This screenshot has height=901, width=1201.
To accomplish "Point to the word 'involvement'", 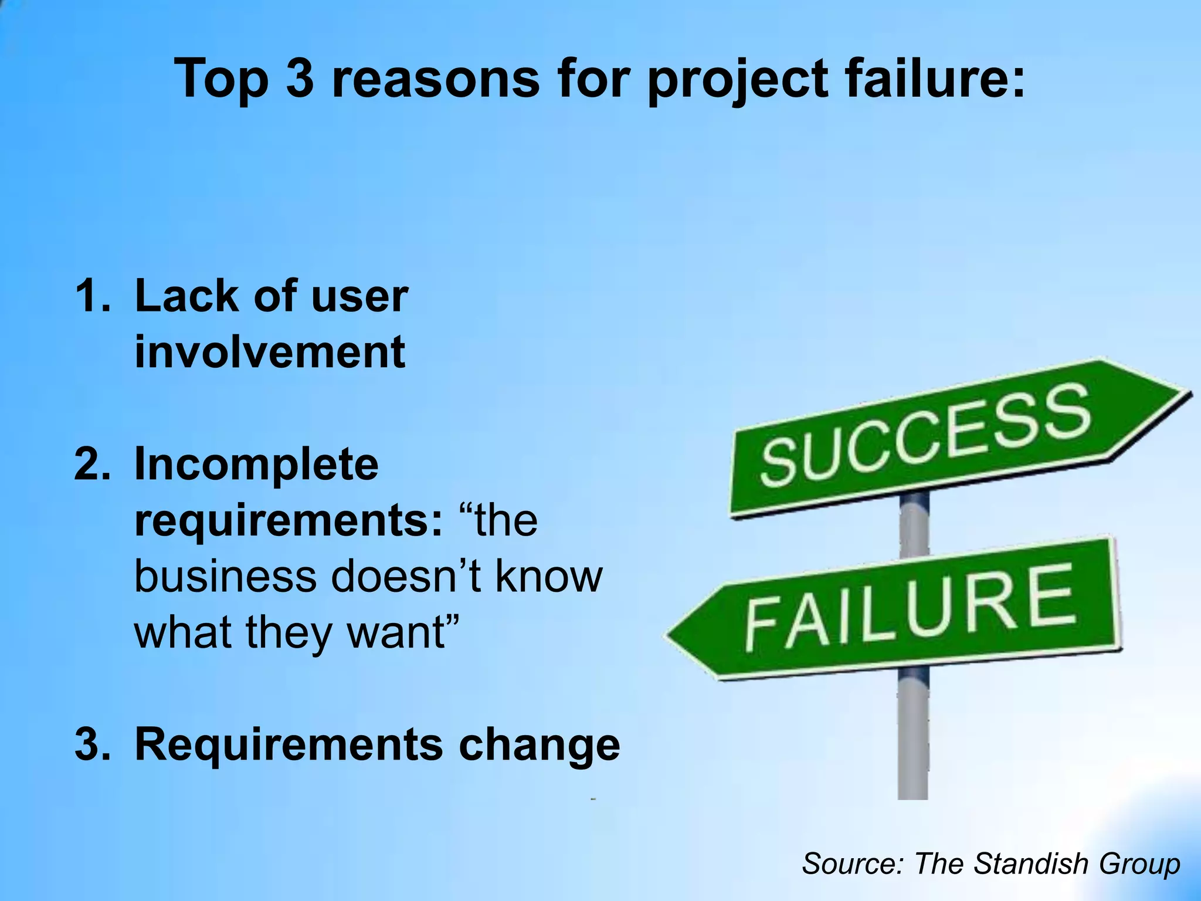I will click(x=270, y=351).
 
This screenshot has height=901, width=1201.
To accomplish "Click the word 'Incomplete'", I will click(x=256, y=464).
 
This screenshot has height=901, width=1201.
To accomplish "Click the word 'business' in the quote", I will click(x=226, y=576).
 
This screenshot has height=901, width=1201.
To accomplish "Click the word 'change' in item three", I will click(x=539, y=744).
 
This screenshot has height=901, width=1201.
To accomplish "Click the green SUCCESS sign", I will click(x=927, y=434).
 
